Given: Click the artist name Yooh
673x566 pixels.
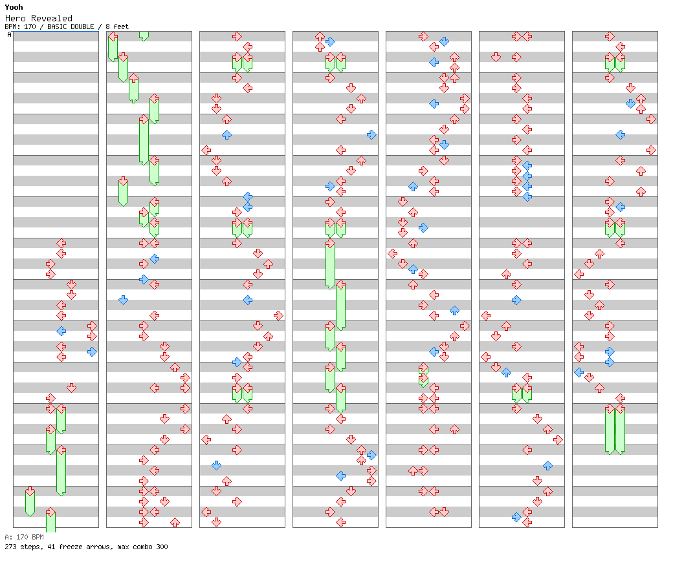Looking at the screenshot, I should point(14,7).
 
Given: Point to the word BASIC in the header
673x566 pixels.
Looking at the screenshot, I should point(58,26).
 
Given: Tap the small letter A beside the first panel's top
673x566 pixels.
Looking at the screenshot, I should point(9,35).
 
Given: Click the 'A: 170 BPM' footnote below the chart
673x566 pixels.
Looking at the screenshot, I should point(24,537).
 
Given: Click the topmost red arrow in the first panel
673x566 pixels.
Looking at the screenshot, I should point(61,243).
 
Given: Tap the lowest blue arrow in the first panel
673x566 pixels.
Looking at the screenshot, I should point(92,351).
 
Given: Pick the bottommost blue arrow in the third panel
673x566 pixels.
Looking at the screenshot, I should point(216,465).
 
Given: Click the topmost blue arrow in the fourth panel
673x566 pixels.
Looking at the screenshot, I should point(330,41).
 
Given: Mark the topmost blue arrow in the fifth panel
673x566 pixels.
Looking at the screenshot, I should point(444,41).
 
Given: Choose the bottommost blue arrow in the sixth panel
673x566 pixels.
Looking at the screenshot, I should point(516,517).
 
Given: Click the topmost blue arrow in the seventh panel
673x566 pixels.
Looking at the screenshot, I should point(630,103).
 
